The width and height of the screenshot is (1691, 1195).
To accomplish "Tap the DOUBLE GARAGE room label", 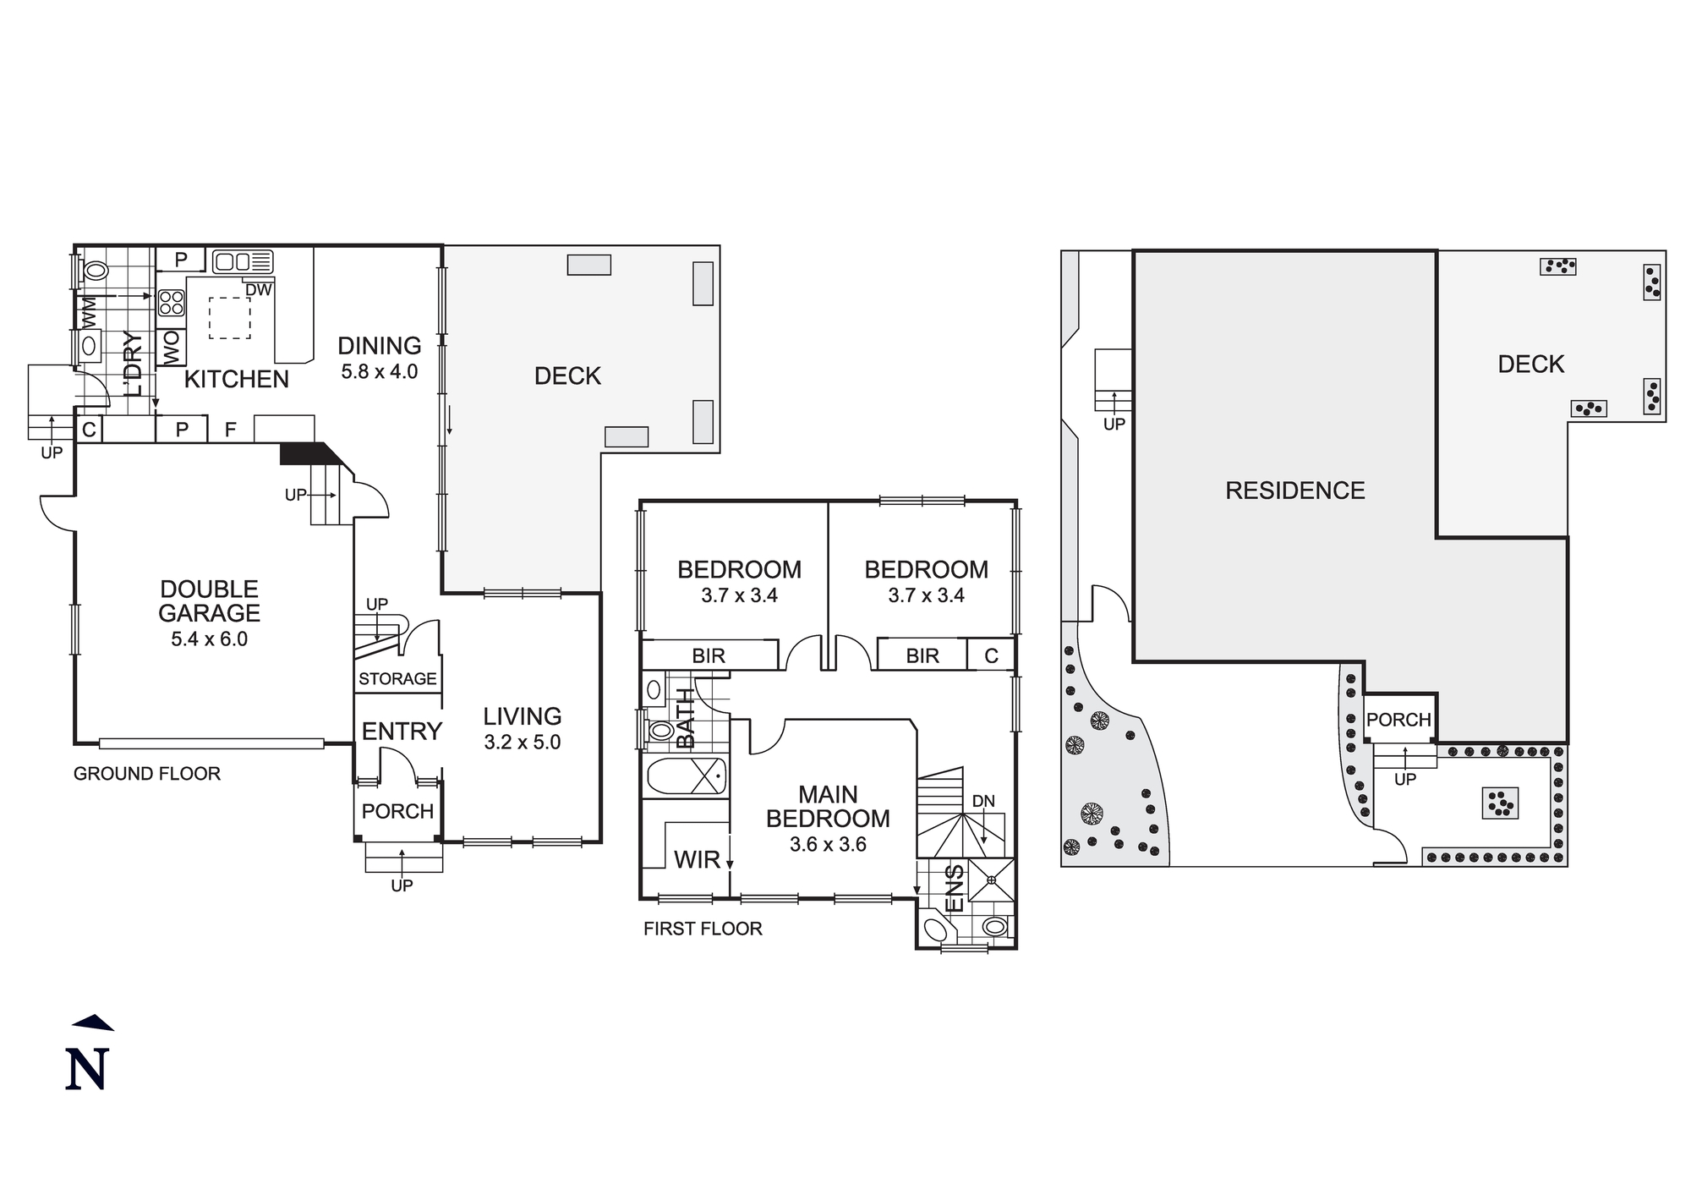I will pyautogui.click(x=210, y=600).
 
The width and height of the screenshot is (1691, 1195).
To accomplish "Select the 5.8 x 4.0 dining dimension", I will pyautogui.click(x=380, y=372).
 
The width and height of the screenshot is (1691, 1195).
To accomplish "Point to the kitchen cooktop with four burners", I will pyautogui.click(x=172, y=302).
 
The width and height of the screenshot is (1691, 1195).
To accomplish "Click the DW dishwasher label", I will pyautogui.click(x=259, y=290).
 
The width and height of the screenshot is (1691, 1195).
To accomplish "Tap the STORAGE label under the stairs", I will pyautogui.click(x=397, y=679).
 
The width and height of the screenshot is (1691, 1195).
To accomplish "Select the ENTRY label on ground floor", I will pyautogui.click(x=402, y=732).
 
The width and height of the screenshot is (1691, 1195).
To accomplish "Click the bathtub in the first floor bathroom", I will pyautogui.click(x=686, y=776).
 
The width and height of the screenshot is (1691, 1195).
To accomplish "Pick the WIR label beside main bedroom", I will pyautogui.click(x=697, y=860).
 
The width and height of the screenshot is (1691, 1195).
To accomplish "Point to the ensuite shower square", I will pyautogui.click(x=991, y=880).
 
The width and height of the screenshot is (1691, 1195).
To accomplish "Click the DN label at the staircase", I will pyautogui.click(x=983, y=801).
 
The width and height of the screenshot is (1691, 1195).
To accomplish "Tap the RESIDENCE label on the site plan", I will pyautogui.click(x=1295, y=491).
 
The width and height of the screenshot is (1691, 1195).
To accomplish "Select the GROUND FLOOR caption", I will pyautogui.click(x=147, y=774).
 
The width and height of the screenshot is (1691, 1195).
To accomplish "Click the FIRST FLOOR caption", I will pyautogui.click(x=703, y=929).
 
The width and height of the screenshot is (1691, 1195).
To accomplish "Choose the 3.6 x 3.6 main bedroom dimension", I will pyautogui.click(x=828, y=844).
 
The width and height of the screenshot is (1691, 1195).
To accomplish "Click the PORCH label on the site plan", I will pyautogui.click(x=1398, y=720).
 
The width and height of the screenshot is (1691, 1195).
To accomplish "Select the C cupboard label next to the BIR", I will pyautogui.click(x=991, y=655).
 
